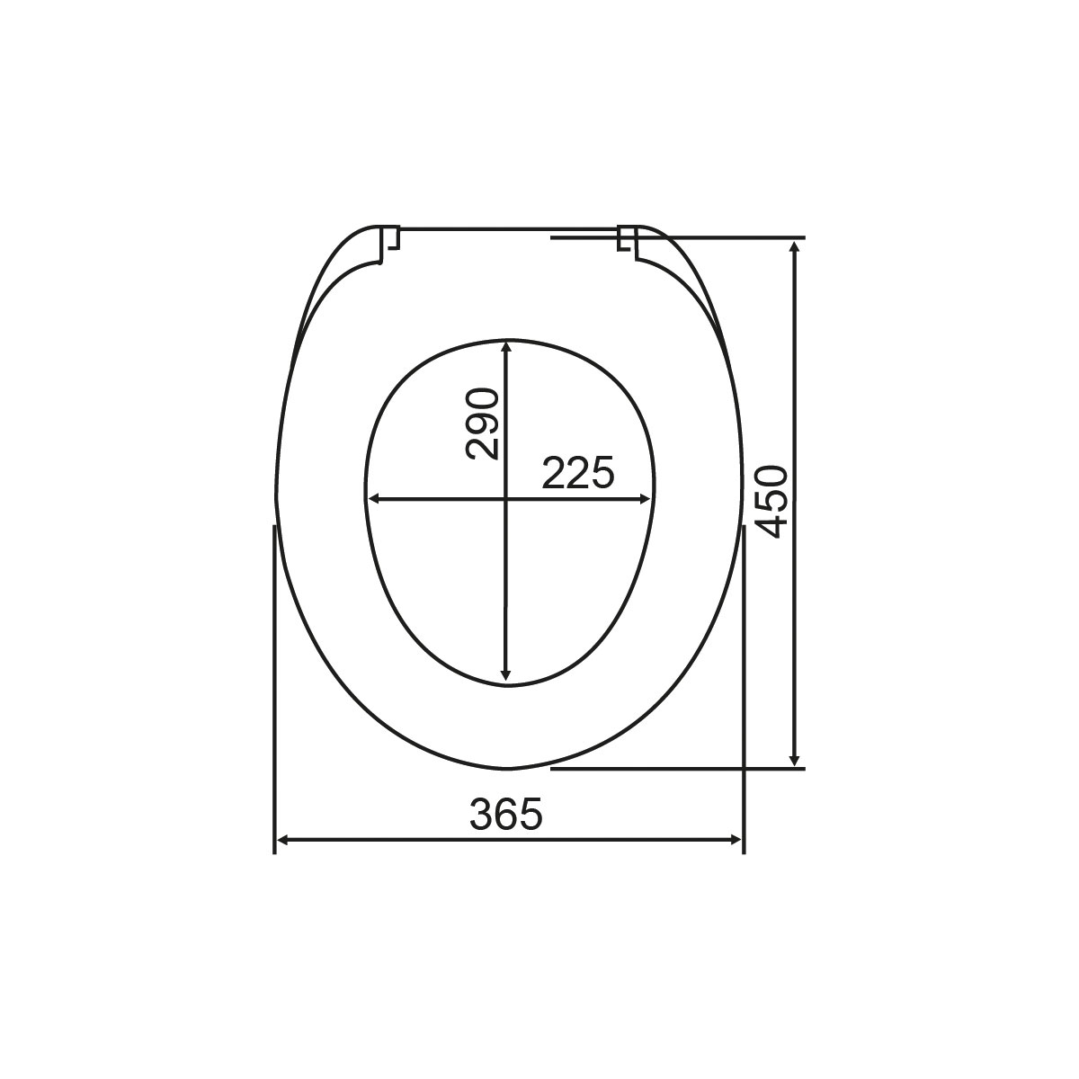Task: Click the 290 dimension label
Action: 483,424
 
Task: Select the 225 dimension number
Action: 578,473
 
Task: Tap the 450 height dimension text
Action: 773,502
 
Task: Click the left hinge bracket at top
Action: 389,243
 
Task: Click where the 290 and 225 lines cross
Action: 506,498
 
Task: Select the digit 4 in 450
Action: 773,526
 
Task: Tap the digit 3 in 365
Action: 482,815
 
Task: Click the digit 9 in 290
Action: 483,424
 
